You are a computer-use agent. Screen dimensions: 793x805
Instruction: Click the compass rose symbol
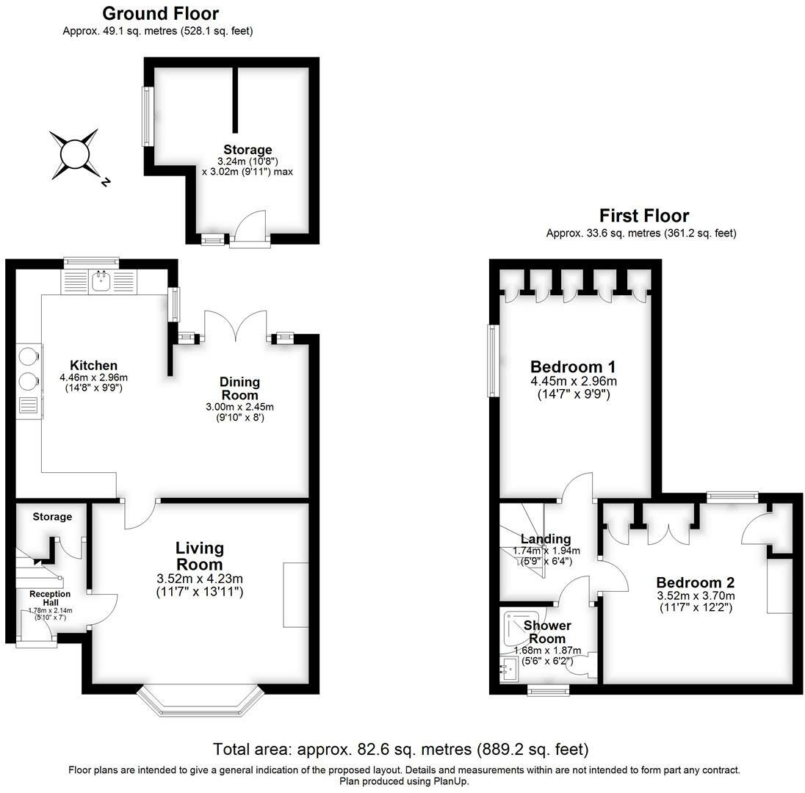click(73, 155)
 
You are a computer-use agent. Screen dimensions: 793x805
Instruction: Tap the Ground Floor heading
click(160, 13)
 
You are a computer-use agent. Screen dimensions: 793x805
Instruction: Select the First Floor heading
click(644, 216)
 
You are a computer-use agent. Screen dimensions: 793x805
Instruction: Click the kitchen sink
click(101, 280)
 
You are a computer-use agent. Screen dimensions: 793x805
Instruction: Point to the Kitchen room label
click(93, 365)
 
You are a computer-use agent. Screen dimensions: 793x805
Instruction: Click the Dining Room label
click(239, 388)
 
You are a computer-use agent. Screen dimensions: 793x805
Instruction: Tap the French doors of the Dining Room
click(235, 326)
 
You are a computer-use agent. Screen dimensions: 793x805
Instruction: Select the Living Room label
click(199, 556)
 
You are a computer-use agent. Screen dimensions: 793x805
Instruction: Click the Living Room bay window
click(201, 701)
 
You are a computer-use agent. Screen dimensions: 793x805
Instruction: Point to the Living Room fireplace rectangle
click(296, 595)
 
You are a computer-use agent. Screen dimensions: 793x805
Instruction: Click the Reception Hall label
click(51, 598)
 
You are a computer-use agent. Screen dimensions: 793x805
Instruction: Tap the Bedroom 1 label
click(573, 366)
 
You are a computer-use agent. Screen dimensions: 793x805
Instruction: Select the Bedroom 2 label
click(696, 582)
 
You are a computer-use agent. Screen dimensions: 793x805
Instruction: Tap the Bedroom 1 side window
click(494, 361)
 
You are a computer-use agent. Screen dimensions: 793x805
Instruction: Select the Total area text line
click(401, 750)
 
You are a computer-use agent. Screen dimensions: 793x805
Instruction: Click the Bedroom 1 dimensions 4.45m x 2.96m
click(574, 381)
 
